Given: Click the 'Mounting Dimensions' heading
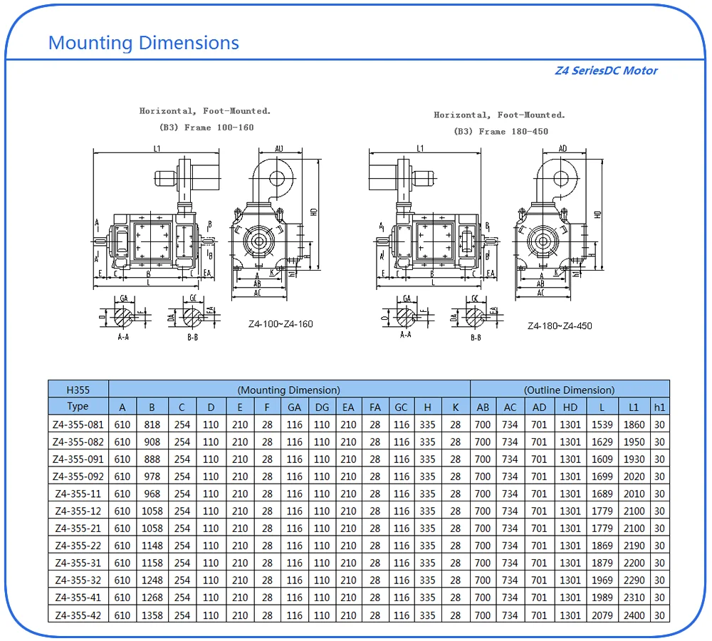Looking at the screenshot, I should [143, 43].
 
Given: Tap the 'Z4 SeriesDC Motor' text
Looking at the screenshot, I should [606, 71].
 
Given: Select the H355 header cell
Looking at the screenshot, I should [78, 390].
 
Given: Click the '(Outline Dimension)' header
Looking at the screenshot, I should [569, 390].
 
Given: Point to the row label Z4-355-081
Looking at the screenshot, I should [78, 424].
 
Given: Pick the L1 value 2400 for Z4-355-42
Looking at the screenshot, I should [634, 615].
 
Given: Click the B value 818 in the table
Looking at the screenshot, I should [152, 424].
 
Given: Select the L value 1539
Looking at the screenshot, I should [602, 424].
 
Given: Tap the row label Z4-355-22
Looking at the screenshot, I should [78, 546].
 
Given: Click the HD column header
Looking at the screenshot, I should [570, 407].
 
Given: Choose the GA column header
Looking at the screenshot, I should [294, 407].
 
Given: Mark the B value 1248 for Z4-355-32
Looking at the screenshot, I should [152, 580].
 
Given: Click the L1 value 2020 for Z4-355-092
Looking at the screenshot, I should [634, 476].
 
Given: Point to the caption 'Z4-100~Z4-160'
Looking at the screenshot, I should [281, 324].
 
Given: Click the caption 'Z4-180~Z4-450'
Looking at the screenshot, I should [560, 326].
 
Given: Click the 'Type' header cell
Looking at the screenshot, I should [78, 407].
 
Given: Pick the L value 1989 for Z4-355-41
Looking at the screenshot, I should [602, 598].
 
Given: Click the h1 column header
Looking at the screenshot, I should [660, 407].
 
